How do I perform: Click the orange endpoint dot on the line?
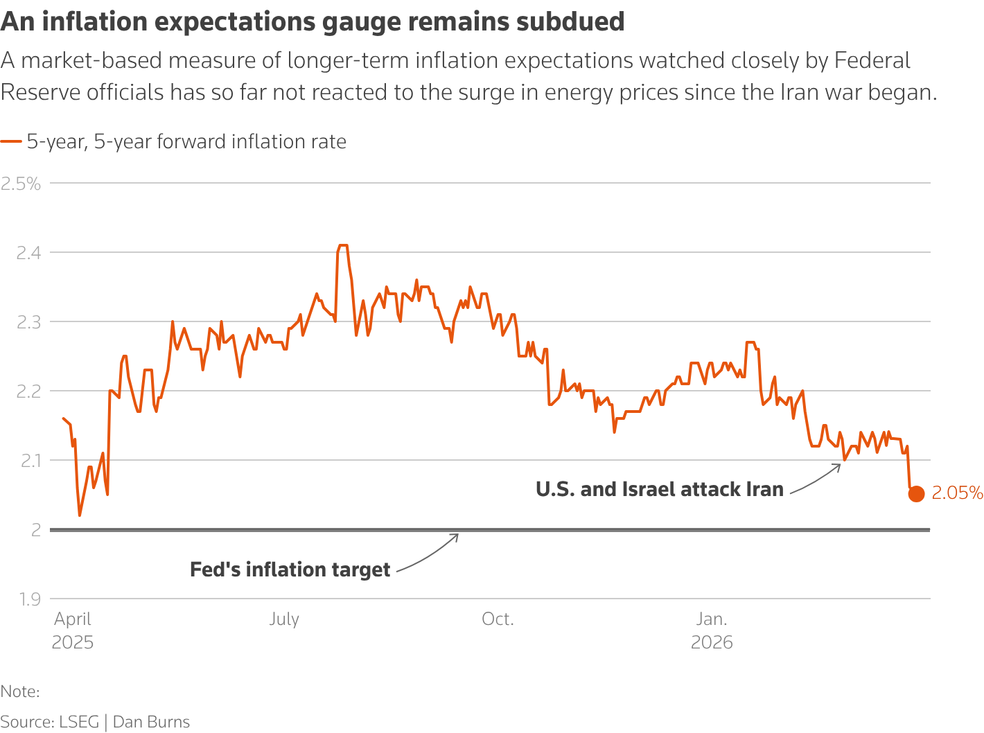pyautogui.click(x=916, y=494)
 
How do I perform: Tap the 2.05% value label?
pyautogui.click(x=957, y=493)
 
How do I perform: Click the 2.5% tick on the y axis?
pyautogui.click(x=21, y=184)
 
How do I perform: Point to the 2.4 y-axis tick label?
pyautogui.click(x=28, y=253)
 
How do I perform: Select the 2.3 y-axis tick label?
pyautogui.click(x=28, y=322)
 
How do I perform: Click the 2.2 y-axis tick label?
pyautogui.click(x=28, y=391)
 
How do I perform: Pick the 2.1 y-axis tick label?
pyautogui.click(x=28, y=461)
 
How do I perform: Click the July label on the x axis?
pyautogui.click(x=284, y=619)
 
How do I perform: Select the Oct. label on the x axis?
pyautogui.click(x=498, y=619)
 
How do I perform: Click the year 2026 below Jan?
pyautogui.click(x=712, y=642)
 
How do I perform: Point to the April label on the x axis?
pyautogui.click(x=73, y=619)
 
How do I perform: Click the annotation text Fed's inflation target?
pyautogui.click(x=290, y=569)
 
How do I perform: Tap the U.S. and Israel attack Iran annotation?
pyautogui.click(x=659, y=489)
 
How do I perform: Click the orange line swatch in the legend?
pyautogui.click(x=11, y=142)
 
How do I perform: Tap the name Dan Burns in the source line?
pyautogui.click(x=151, y=722)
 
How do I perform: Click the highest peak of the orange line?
pyautogui.click(x=342, y=245)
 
